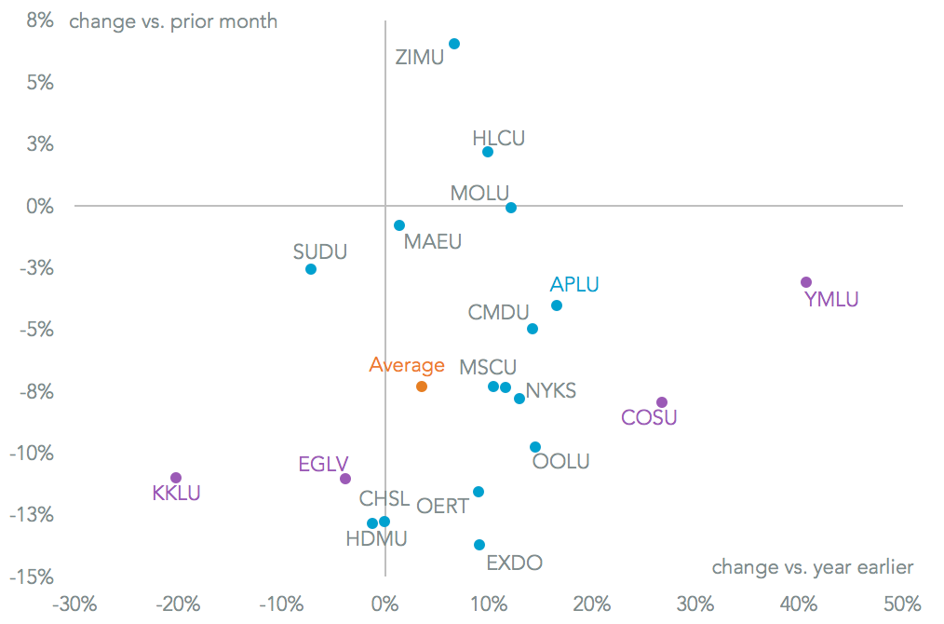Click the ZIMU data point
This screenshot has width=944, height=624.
454,44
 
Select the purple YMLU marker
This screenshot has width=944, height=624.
806,282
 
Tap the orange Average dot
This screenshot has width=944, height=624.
422,387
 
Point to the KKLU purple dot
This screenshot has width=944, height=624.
176,478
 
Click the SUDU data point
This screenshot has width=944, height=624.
311,269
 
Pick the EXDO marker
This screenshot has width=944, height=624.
479,545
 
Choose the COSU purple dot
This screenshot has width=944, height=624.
662,402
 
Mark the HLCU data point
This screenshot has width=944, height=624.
488,152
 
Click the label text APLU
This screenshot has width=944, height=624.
574,285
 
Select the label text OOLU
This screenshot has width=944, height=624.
560,461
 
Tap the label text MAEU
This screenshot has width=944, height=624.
433,242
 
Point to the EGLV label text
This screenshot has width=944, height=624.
323,464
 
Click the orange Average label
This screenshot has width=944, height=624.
407,365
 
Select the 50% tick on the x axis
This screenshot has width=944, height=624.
901,603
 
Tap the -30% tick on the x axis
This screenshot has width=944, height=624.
74,603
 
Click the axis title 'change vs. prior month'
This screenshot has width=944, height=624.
173,20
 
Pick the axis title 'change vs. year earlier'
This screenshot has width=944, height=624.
812,567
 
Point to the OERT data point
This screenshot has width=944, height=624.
479,492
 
